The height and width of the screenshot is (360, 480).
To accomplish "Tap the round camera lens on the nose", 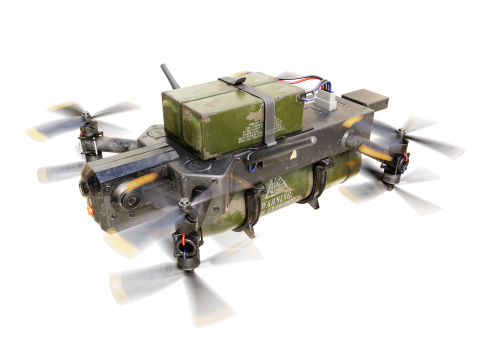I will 128,200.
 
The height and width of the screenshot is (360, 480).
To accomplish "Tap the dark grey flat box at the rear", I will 362,100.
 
